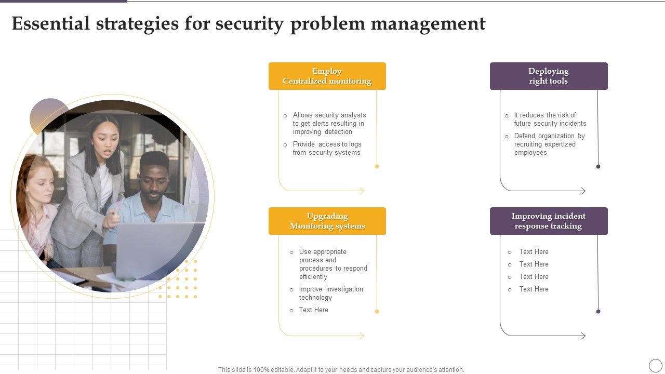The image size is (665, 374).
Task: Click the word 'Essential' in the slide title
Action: pyautogui.click(x=50, y=24)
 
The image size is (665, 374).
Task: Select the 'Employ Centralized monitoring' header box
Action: pyautogui.click(x=327, y=76)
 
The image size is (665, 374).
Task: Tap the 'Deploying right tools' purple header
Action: pyautogui.click(x=548, y=76)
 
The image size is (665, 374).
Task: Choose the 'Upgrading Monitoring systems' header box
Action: pyautogui.click(x=327, y=221)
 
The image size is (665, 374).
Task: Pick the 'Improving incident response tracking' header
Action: pyautogui.click(x=548, y=221)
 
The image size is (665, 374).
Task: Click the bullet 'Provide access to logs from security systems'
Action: pyautogui.click(x=326, y=149)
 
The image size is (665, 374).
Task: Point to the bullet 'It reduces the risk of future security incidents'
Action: pyautogui.click(x=550, y=119)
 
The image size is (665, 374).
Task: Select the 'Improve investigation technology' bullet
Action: pyautogui.click(x=330, y=293)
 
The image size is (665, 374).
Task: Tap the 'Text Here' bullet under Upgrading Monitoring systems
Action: pyautogui.click(x=313, y=310)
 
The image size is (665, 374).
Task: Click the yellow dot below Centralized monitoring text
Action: pyautogui.click(x=377, y=167)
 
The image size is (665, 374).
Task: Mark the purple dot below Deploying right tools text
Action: pyautogui.click(x=598, y=167)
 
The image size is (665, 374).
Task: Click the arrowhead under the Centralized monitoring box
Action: pyautogui.click(x=362, y=191)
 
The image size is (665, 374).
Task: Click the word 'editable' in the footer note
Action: pyautogui.click(x=278, y=370)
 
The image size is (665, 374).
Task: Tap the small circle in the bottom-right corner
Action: pyautogui.click(x=656, y=365)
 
